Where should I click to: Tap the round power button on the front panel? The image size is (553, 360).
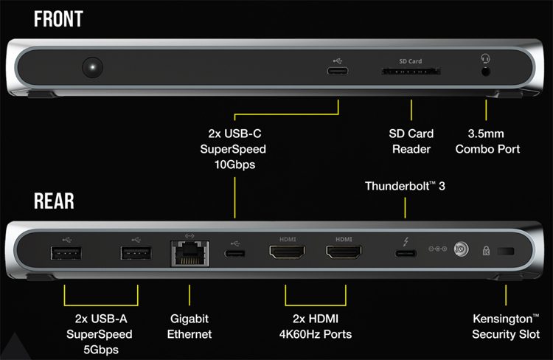pos(92,69)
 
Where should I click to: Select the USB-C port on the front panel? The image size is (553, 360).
pos(338,72)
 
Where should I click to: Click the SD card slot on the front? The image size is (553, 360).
pos(411,72)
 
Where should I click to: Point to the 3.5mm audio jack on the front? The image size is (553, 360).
pos(486,72)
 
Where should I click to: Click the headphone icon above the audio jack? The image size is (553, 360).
pos(486,59)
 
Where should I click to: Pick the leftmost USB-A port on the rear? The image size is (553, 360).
pos(64,255)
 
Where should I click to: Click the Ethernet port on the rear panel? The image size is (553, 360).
pos(189,255)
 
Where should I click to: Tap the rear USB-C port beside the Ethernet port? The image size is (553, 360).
pos(235,255)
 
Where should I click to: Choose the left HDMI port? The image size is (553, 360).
pos(286,255)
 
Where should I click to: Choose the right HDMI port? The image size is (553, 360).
pos(344,255)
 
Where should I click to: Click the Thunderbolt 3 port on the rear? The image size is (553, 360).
pos(405,255)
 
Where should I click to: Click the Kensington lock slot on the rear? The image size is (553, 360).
pos(507,253)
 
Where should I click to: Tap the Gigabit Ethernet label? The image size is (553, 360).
pos(189,327)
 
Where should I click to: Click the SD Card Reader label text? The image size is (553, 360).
pos(411,142)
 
